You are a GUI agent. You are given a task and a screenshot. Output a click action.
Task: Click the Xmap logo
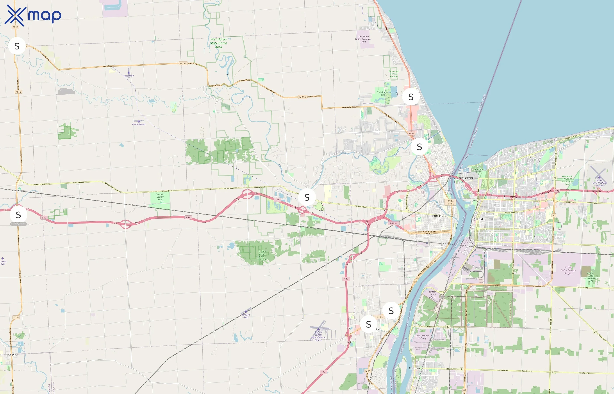click(33, 15)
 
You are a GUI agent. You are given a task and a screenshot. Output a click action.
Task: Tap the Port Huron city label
click(440, 216)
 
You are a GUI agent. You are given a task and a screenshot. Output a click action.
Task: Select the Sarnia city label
click(478, 219)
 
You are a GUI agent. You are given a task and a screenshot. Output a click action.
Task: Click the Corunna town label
click(415, 368)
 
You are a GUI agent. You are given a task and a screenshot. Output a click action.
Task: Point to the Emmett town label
click(17, 190)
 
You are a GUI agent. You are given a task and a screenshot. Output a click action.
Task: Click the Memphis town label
click(12, 355)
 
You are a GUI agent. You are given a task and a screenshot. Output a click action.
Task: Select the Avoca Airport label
click(139, 124)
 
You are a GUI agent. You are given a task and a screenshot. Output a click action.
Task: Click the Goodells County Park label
click(160, 197)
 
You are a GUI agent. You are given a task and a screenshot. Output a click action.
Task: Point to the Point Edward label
click(466, 178)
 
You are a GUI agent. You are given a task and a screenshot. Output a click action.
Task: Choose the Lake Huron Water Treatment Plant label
click(363, 39)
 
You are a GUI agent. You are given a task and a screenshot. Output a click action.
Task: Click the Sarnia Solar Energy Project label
click(568, 270)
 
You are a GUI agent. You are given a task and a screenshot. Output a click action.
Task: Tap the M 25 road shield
click(412, 134)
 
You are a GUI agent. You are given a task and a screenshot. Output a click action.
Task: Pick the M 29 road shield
click(368, 371)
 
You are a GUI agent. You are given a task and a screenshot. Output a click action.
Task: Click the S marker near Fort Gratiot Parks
click(411, 97)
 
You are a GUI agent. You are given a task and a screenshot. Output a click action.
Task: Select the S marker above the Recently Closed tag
click(18, 215)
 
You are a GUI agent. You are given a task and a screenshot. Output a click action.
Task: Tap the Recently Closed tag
click(18, 224)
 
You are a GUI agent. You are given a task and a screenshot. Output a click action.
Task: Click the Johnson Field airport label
click(246, 316)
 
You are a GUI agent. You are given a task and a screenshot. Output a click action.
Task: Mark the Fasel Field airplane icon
click(129, 72)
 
